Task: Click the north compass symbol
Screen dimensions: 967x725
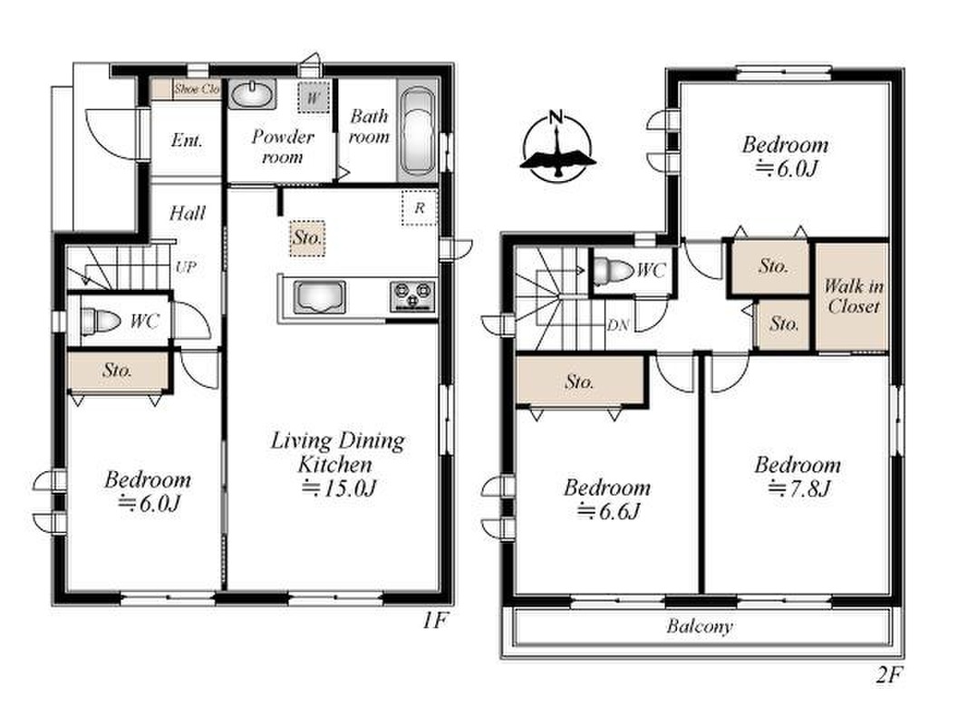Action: point(557,147)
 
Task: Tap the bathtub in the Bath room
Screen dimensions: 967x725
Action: point(418,130)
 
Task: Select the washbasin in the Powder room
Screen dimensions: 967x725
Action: point(252,95)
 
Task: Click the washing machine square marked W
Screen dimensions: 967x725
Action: point(314,97)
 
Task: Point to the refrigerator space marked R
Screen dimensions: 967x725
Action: point(420,208)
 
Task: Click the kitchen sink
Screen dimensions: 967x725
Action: point(319,296)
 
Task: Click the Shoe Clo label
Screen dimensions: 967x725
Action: point(196,90)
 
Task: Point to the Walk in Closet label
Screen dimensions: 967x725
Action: point(853,296)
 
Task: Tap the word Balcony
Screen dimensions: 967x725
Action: point(700,626)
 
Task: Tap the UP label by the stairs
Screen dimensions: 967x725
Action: point(186,267)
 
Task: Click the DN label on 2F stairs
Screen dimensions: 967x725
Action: point(617,325)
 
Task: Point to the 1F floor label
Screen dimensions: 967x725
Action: point(434,621)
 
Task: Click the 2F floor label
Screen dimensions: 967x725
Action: point(889,676)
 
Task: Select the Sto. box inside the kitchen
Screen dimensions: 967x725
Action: point(307,238)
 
